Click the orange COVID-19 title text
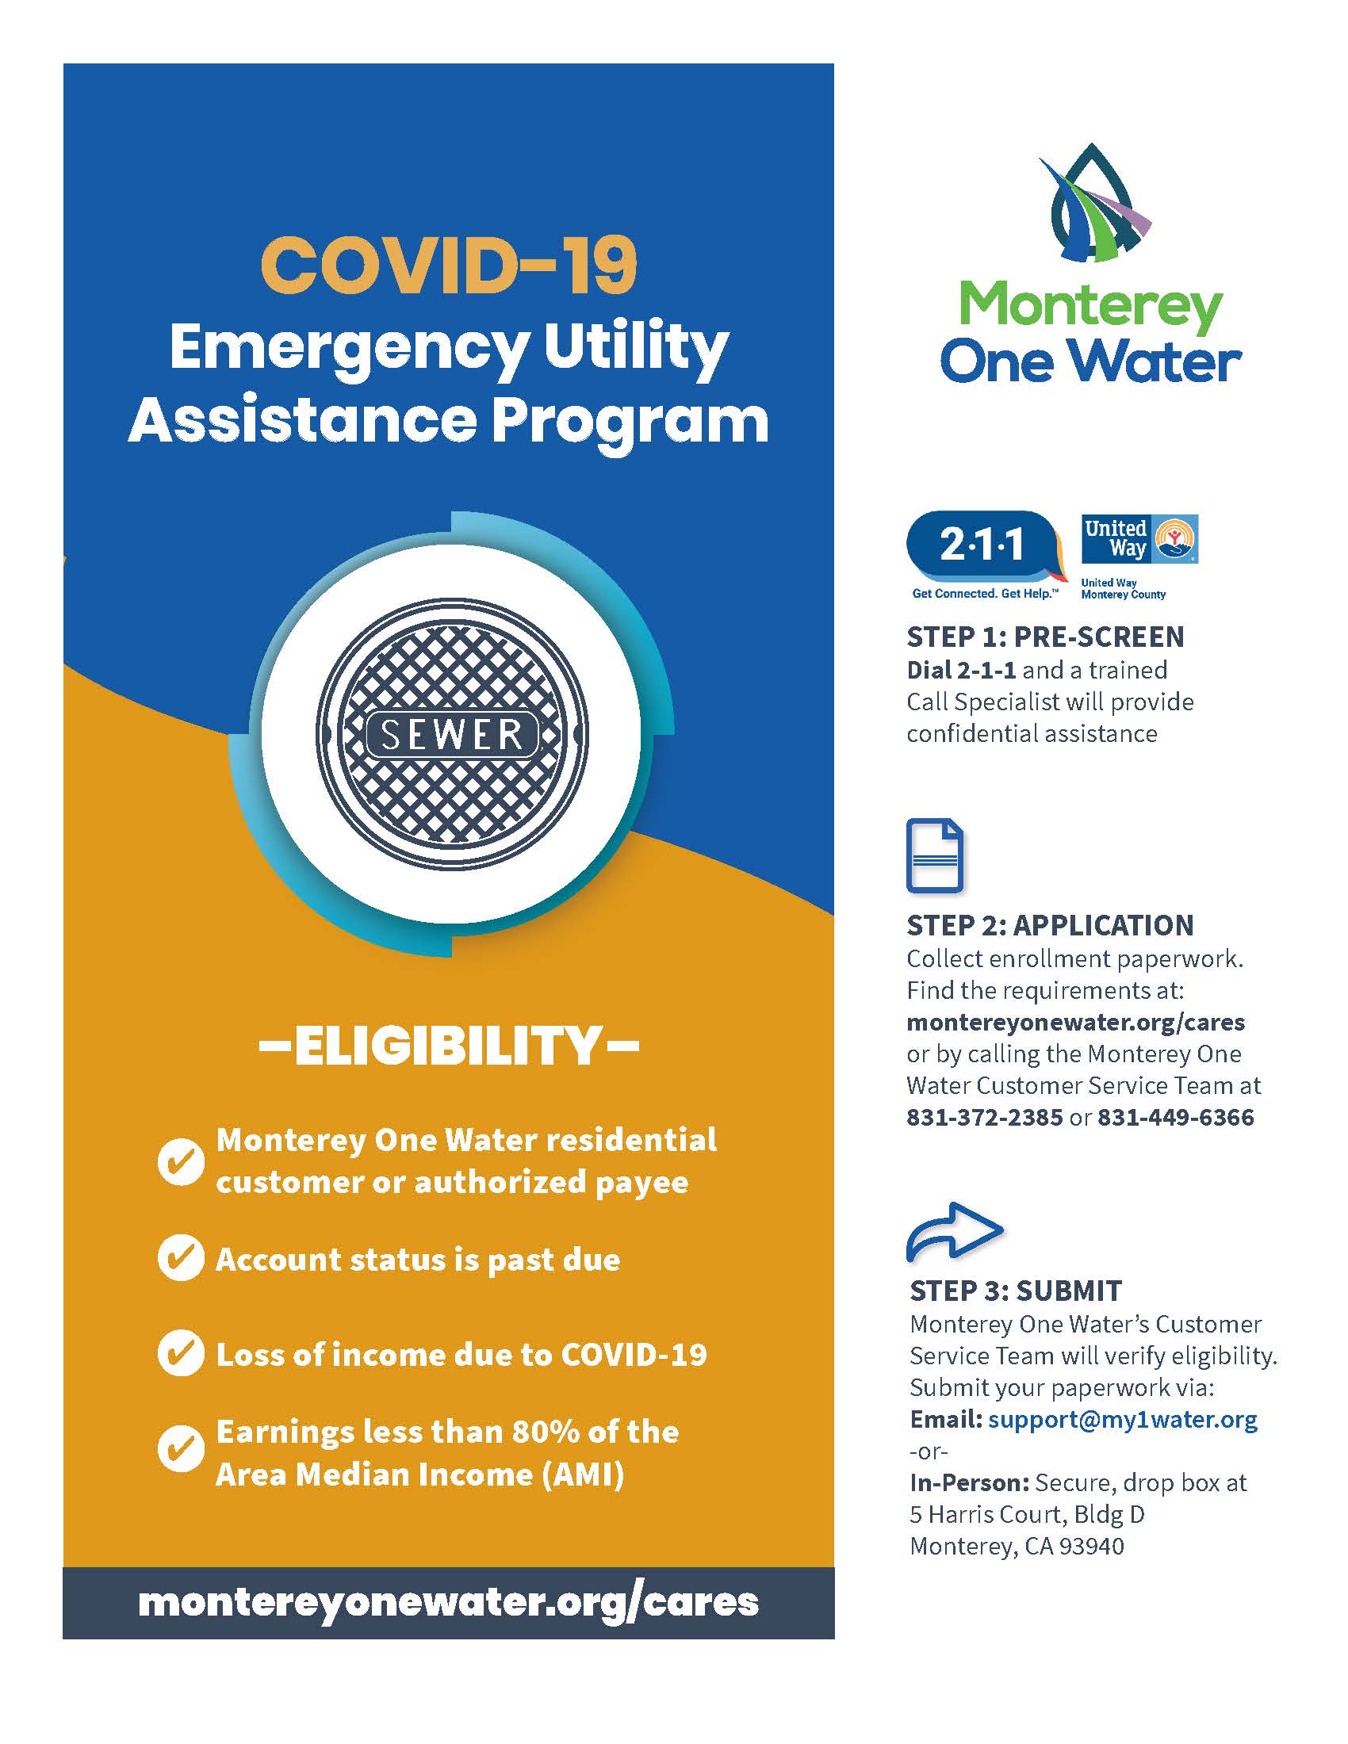click(449, 265)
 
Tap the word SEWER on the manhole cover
click(452, 735)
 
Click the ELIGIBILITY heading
click(449, 1046)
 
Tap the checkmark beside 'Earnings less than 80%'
click(181, 1449)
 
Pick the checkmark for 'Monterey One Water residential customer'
click(181, 1161)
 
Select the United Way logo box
click(1139, 540)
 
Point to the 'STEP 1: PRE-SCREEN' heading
click(1045, 637)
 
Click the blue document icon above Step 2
click(934, 855)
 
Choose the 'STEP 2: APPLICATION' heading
click(1049, 924)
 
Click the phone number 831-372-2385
click(984, 1116)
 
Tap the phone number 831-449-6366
click(1175, 1116)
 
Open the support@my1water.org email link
click(1122, 1419)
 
